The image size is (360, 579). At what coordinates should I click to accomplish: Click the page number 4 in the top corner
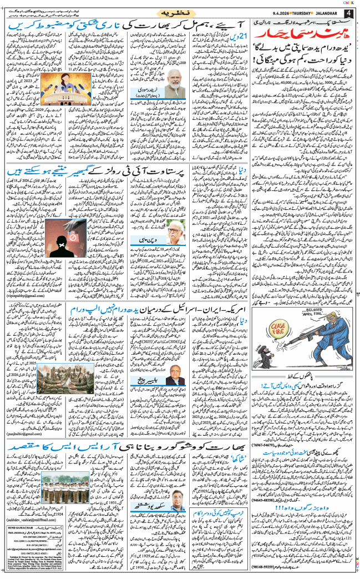tap(349, 13)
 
